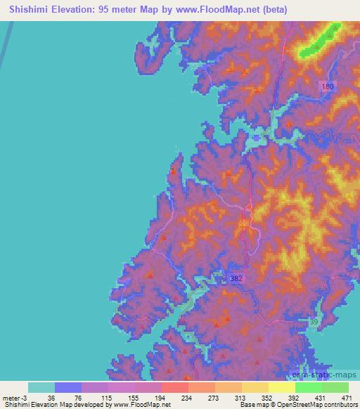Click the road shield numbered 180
pos(328,86)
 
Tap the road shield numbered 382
pos(237,279)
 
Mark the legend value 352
pos(274,398)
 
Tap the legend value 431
pos(328,398)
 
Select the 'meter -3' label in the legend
pos(15,398)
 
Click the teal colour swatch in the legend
pos(41,387)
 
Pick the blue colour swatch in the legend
pos(68,387)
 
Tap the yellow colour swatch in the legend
pos(282,387)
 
